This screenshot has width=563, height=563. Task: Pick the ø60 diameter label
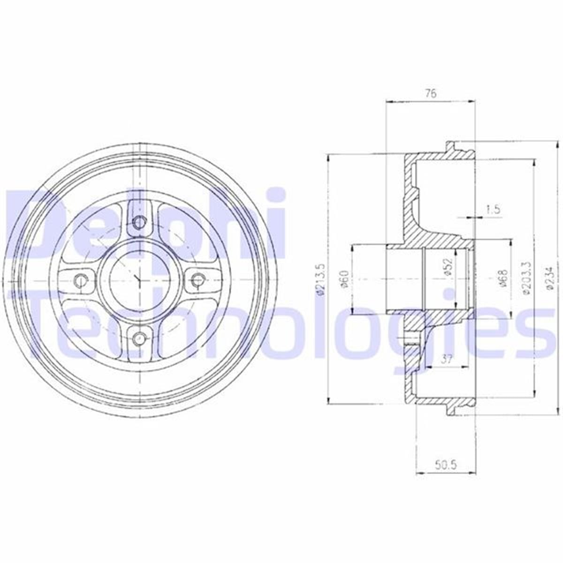(345, 280)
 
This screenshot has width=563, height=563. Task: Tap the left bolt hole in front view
(82, 280)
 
